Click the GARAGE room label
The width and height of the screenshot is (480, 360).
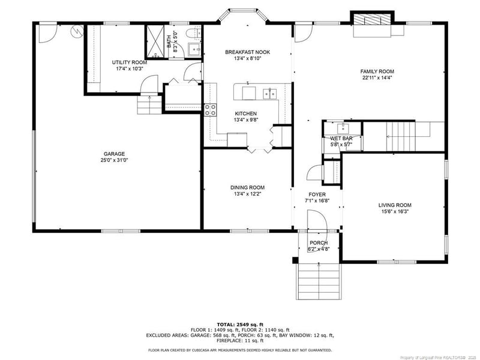(x=114, y=154)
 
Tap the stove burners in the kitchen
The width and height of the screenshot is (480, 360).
(x=211, y=110)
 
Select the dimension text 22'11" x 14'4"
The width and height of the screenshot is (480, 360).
(x=377, y=78)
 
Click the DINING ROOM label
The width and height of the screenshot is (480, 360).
(x=247, y=187)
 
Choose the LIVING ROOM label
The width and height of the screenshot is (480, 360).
(x=395, y=205)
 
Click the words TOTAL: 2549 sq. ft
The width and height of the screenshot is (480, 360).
(x=240, y=324)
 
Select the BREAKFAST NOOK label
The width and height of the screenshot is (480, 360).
(x=247, y=52)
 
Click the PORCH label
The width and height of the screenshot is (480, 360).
(x=318, y=243)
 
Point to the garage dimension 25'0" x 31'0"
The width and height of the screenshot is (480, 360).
(x=114, y=160)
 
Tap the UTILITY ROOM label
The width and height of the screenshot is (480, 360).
(x=130, y=62)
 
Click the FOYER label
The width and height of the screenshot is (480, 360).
(x=317, y=194)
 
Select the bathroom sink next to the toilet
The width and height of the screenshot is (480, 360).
(x=194, y=49)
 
